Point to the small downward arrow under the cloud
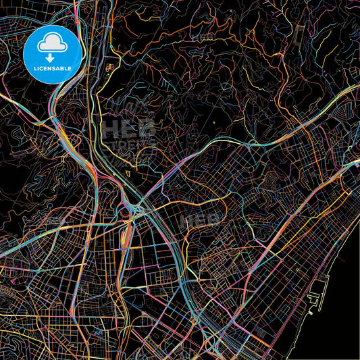[x=53, y=57]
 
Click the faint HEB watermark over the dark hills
[x=128, y=128]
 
